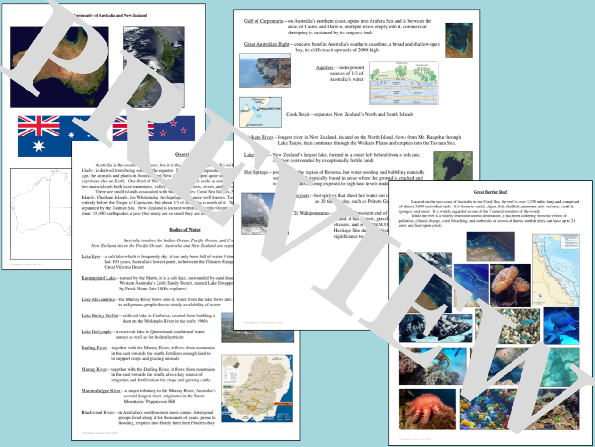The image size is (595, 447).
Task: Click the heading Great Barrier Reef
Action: (x=491, y=192)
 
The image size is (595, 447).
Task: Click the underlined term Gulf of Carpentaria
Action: (x=264, y=21)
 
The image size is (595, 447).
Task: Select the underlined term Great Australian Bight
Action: (x=266, y=44)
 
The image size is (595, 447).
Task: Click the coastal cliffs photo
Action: (x=265, y=70)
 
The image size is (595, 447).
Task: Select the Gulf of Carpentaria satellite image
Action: (x=459, y=41)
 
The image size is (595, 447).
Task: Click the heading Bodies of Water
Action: (x=185, y=230)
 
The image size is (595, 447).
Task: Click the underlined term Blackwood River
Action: (x=97, y=412)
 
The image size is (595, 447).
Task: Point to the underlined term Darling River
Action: (x=94, y=348)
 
